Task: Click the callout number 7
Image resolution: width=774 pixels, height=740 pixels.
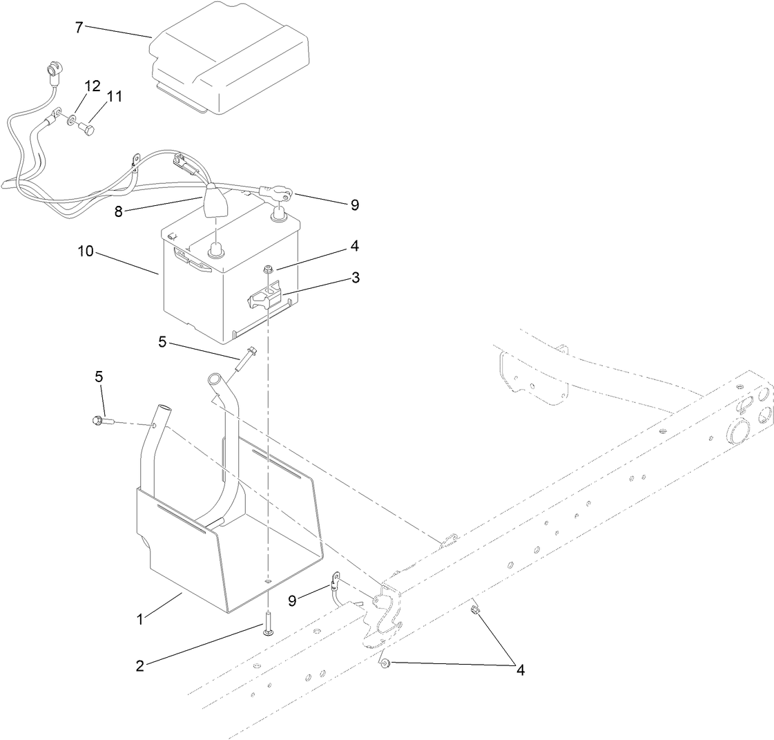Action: click(x=79, y=28)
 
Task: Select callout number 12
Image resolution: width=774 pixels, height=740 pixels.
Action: click(x=92, y=86)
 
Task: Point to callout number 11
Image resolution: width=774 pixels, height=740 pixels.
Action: click(x=114, y=97)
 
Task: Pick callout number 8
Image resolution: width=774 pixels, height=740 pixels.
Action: click(x=119, y=211)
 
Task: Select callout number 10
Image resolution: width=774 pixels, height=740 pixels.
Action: click(x=86, y=252)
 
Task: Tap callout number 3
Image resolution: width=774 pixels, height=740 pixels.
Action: click(x=356, y=278)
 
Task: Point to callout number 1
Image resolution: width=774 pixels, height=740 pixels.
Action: click(x=140, y=619)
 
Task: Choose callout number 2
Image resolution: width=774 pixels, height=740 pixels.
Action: click(x=140, y=666)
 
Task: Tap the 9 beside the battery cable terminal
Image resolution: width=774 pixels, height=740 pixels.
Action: click(x=355, y=205)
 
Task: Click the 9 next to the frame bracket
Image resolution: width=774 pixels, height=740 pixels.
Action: click(x=293, y=601)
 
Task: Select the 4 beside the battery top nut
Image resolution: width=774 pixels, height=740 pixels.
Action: click(x=355, y=245)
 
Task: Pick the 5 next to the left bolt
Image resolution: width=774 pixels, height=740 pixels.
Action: click(x=99, y=377)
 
